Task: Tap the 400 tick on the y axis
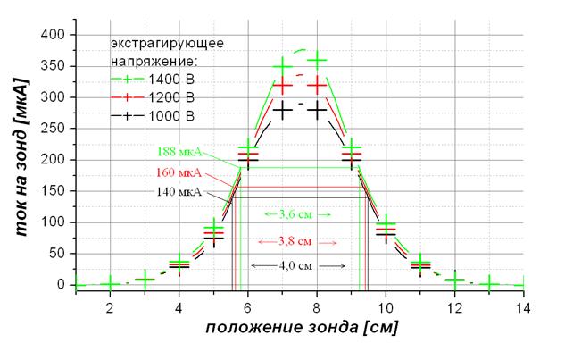(x=56, y=35)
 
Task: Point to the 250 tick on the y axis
(x=56, y=129)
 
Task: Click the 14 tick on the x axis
(x=524, y=306)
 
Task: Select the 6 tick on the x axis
(x=247, y=306)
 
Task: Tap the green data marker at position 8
(x=317, y=60)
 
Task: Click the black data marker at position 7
(x=282, y=111)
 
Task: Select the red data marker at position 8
(x=317, y=85)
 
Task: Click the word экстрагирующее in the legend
(x=167, y=42)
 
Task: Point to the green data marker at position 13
(x=489, y=283)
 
